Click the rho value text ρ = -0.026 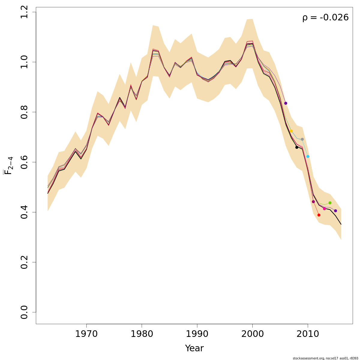325,18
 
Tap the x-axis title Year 194,348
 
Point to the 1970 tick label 86,334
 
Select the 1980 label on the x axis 142,334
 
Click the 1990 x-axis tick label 197,334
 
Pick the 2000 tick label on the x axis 252,334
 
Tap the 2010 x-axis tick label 308,334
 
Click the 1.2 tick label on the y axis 25,12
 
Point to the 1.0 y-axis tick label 25,62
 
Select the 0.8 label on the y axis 25,112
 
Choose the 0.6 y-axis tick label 25,162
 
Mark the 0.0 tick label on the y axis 25,312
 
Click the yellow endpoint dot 291,131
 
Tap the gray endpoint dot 302,139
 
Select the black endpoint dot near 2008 297,147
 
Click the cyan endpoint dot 308,157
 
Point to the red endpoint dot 319,215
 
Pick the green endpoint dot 330,203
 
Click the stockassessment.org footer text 325,358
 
